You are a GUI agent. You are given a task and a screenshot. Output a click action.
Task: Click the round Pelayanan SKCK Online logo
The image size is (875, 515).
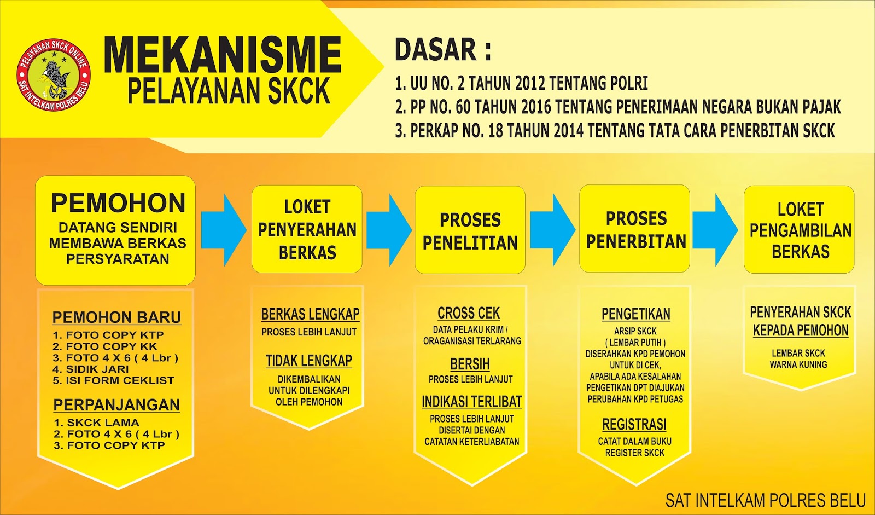click(x=53, y=75)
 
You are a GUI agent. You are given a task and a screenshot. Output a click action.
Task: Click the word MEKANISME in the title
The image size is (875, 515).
click(x=222, y=55)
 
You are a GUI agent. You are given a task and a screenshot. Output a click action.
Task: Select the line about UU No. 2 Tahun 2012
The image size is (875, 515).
click(x=521, y=83)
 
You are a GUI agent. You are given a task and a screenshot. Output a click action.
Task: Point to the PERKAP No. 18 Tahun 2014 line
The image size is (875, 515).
click(x=615, y=131)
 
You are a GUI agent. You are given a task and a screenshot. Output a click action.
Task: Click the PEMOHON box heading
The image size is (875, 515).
click(x=118, y=204)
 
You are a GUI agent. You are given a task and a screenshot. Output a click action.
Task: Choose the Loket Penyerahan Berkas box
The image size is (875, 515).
click(x=307, y=229)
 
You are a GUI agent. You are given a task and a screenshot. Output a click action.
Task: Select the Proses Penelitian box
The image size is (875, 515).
click(x=470, y=230)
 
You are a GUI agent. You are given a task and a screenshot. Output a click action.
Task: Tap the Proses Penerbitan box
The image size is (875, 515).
click(x=635, y=229)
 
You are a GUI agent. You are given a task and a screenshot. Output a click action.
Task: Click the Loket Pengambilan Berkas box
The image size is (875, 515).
click(x=800, y=230)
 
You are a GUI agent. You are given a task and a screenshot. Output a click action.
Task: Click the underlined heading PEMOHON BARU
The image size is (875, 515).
click(x=116, y=317)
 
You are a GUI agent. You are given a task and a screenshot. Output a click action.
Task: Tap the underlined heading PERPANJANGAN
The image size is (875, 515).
click(x=116, y=405)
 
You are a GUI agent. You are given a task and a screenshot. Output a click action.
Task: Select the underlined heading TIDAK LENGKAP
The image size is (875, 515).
click(x=309, y=361)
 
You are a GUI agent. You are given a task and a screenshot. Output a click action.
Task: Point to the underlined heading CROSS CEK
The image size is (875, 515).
click(x=469, y=313)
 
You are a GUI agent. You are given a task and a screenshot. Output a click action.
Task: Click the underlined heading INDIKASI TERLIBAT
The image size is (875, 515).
click(x=471, y=402)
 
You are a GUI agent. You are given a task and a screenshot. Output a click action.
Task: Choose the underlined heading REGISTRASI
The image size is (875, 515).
click(x=634, y=425)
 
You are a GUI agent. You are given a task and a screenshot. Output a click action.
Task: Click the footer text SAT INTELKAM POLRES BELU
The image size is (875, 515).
click(x=765, y=500)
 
